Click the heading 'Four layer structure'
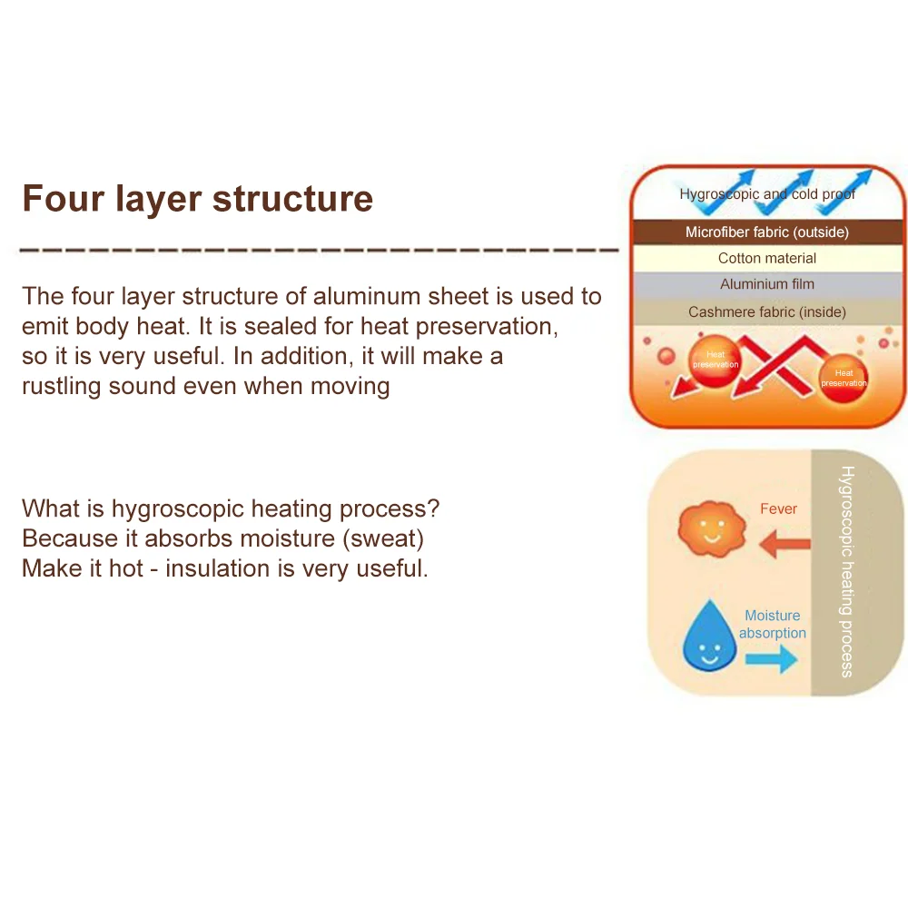point(197,198)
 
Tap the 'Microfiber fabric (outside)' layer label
point(767,232)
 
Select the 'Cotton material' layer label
point(767,258)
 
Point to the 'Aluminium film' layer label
point(767,284)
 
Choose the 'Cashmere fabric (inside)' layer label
point(767,311)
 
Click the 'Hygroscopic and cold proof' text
point(767,193)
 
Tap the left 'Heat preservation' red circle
point(716,360)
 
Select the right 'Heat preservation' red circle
point(844,378)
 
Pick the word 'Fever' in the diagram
point(778,508)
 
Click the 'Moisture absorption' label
point(773,624)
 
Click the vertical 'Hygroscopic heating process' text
point(847,571)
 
